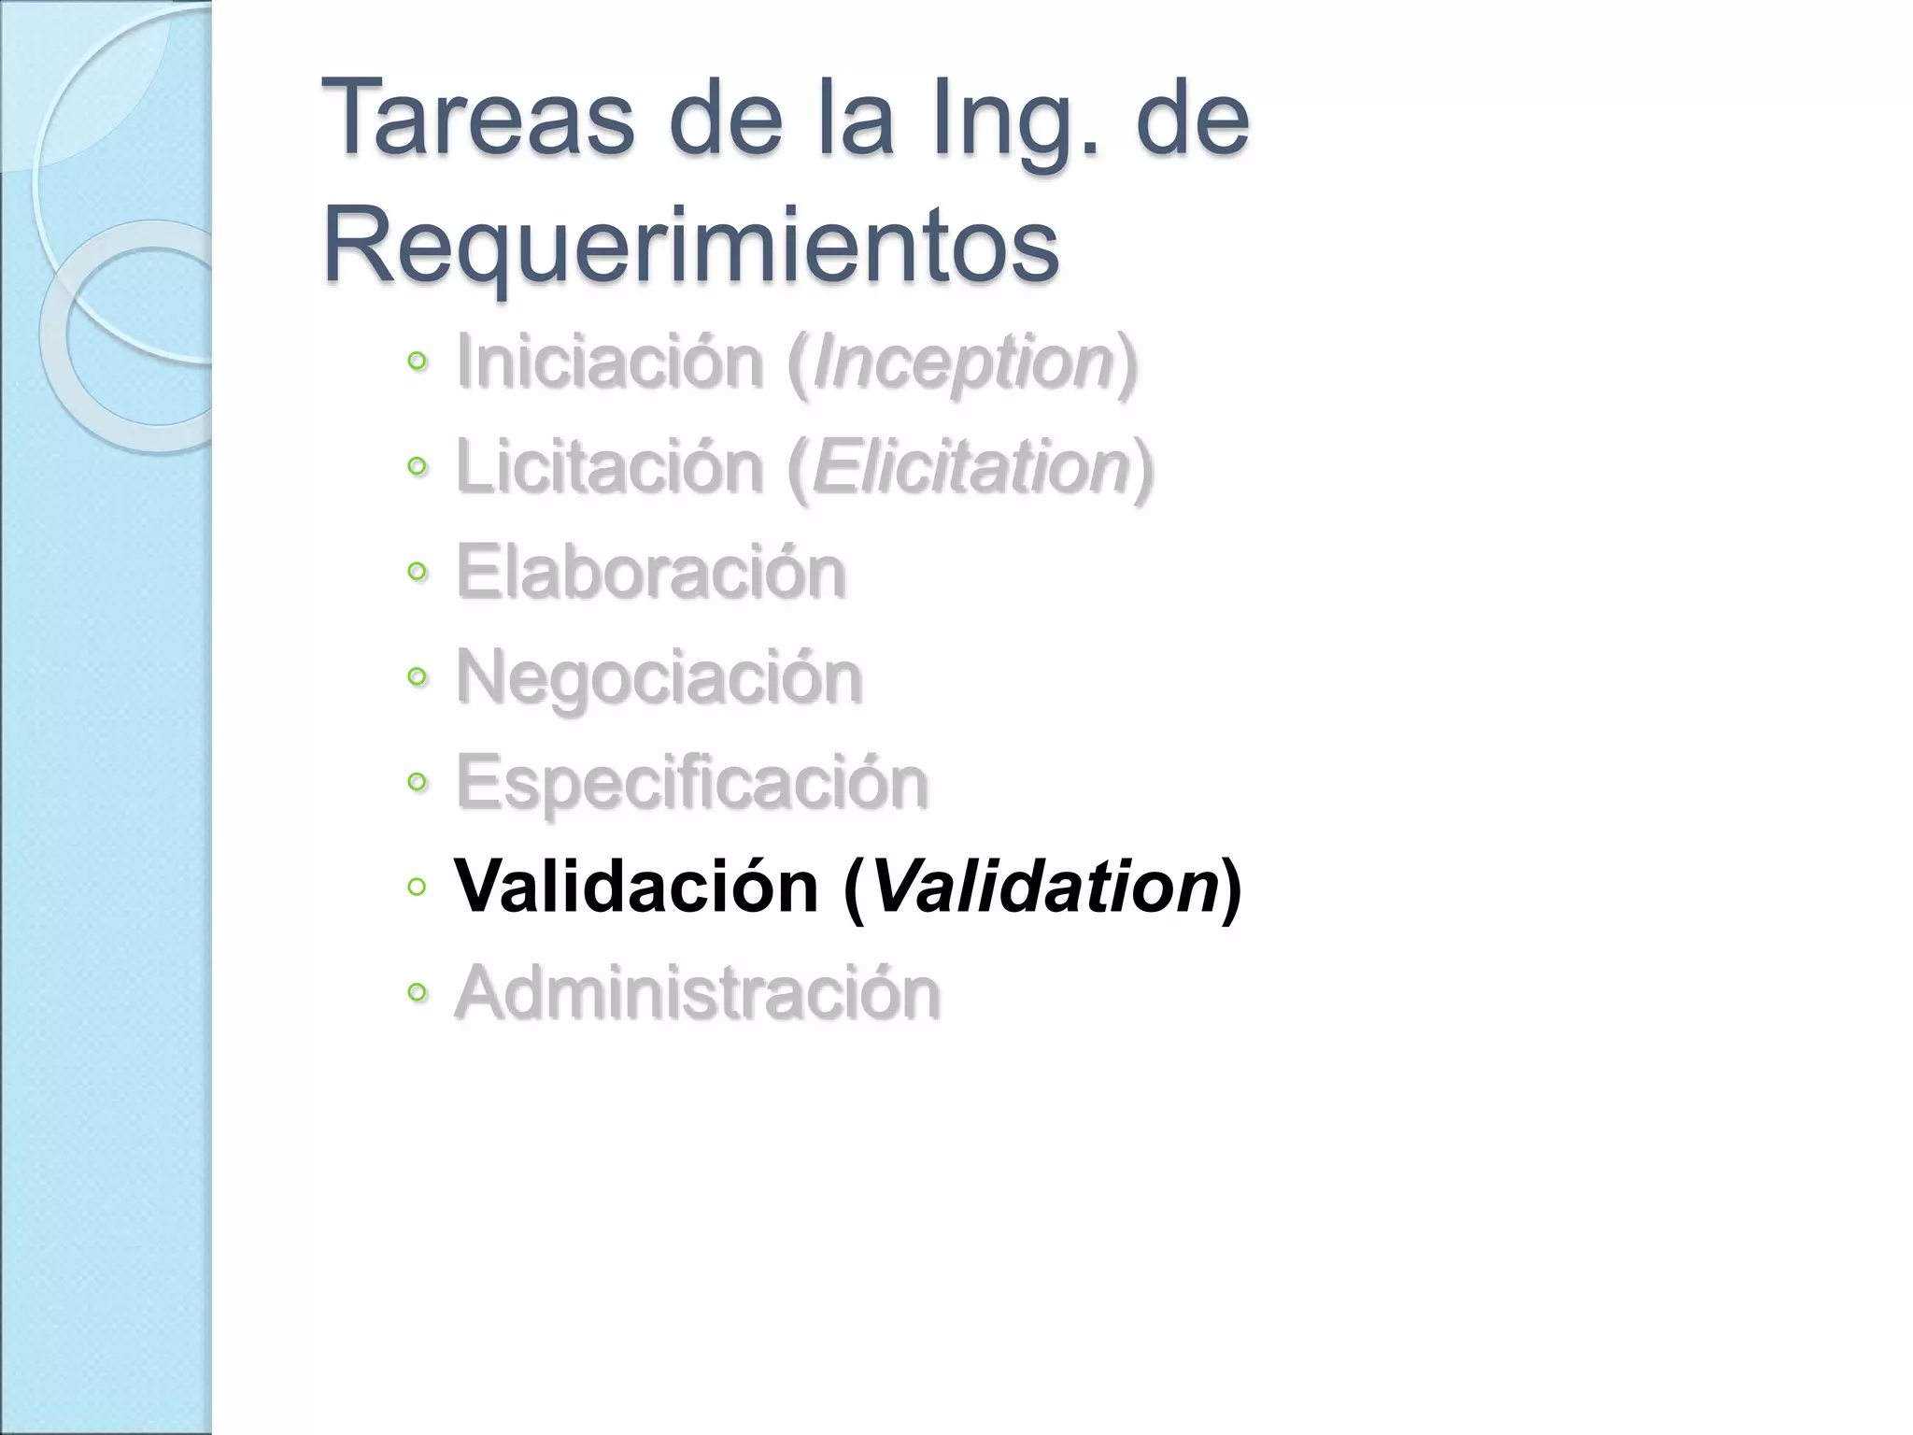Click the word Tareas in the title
point(477,119)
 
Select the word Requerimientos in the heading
point(691,246)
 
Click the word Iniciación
point(609,362)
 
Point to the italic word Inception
point(963,363)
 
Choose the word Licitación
point(609,466)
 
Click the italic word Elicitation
point(972,466)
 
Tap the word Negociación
point(659,678)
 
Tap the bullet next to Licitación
point(417,465)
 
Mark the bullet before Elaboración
point(417,571)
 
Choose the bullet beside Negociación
point(417,675)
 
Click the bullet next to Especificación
point(417,781)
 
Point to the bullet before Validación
point(417,886)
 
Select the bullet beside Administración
point(417,991)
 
